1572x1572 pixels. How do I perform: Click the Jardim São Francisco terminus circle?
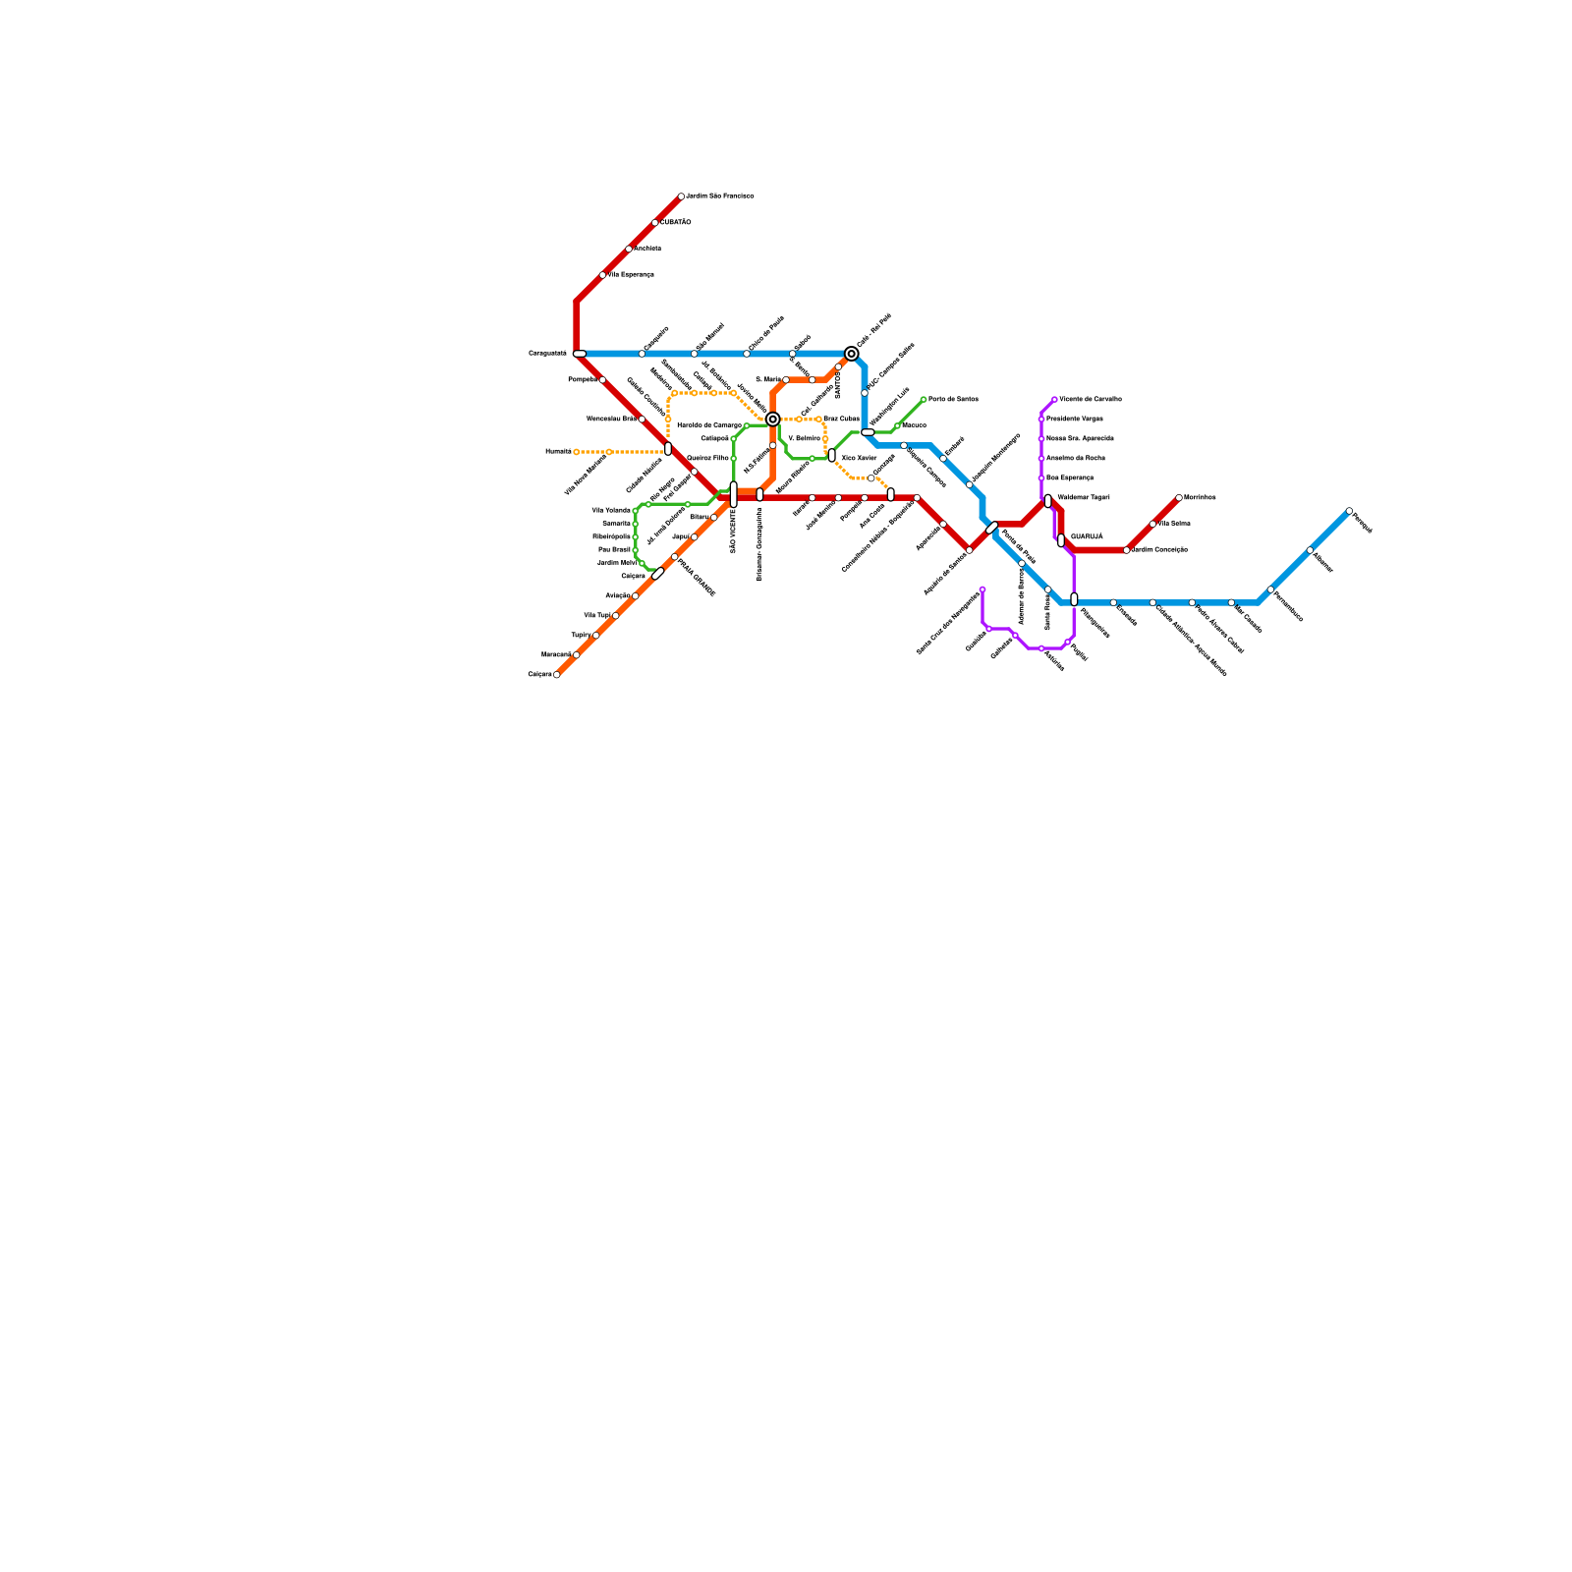(x=681, y=196)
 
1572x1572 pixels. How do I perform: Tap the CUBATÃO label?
(x=675, y=223)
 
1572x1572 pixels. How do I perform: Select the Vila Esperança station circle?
(x=602, y=275)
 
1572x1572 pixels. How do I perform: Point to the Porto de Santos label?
(x=953, y=400)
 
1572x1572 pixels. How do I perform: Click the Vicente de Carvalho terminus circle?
(x=1054, y=400)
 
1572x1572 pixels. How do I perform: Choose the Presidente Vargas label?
(x=1075, y=420)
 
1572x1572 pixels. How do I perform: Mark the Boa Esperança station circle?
(x=1041, y=478)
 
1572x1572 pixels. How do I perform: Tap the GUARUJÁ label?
(x=1087, y=536)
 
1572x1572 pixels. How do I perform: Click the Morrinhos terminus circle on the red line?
(x=1179, y=498)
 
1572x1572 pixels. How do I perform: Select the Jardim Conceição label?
(x=1159, y=550)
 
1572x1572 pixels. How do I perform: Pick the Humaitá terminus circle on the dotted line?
(x=577, y=452)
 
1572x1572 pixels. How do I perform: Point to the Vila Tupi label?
(x=597, y=616)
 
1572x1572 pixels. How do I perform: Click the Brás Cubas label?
(x=841, y=420)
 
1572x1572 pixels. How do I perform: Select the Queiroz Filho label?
(x=707, y=459)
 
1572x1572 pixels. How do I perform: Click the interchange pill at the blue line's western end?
(x=580, y=354)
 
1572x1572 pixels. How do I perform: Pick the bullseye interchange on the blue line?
(x=852, y=354)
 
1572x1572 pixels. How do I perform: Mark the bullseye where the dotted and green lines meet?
(x=773, y=420)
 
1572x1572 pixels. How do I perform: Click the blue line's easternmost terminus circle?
(x=1349, y=511)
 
